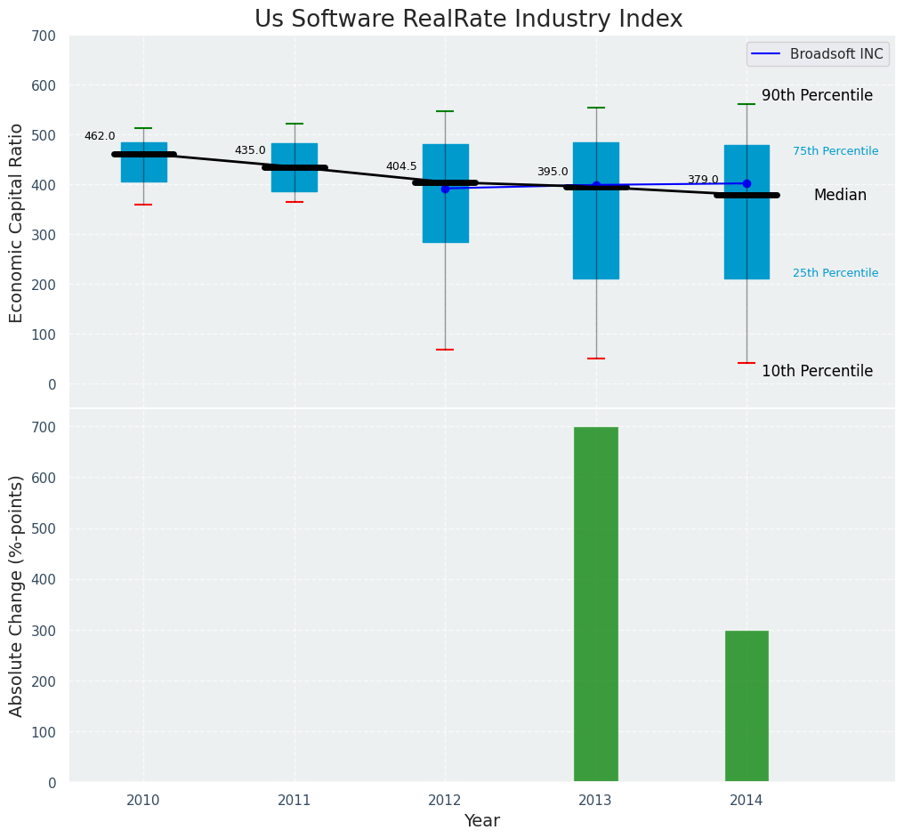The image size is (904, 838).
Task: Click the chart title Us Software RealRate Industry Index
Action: (x=468, y=20)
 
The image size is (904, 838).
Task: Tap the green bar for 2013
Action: (x=595, y=604)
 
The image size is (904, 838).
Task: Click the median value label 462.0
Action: (x=100, y=136)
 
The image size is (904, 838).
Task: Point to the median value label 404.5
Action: (x=401, y=166)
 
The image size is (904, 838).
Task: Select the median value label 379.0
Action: (x=703, y=180)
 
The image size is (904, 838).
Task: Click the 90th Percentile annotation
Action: (x=817, y=96)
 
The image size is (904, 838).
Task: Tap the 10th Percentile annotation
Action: (x=817, y=372)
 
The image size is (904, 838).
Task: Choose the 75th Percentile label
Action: (x=835, y=151)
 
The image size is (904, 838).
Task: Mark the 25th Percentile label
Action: (x=835, y=273)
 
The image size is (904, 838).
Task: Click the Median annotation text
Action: (x=840, y=196)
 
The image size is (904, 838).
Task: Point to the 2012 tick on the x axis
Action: (x=445, y=801)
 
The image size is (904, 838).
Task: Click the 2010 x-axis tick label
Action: (x=143, y=801)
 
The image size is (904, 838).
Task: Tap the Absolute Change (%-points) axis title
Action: (x=17, y=595)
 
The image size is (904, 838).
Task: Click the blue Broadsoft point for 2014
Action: (x=747, y=183)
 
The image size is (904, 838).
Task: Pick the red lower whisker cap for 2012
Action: (x=445, y=350)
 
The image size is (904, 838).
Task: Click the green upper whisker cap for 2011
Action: (x=295, y=124)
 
